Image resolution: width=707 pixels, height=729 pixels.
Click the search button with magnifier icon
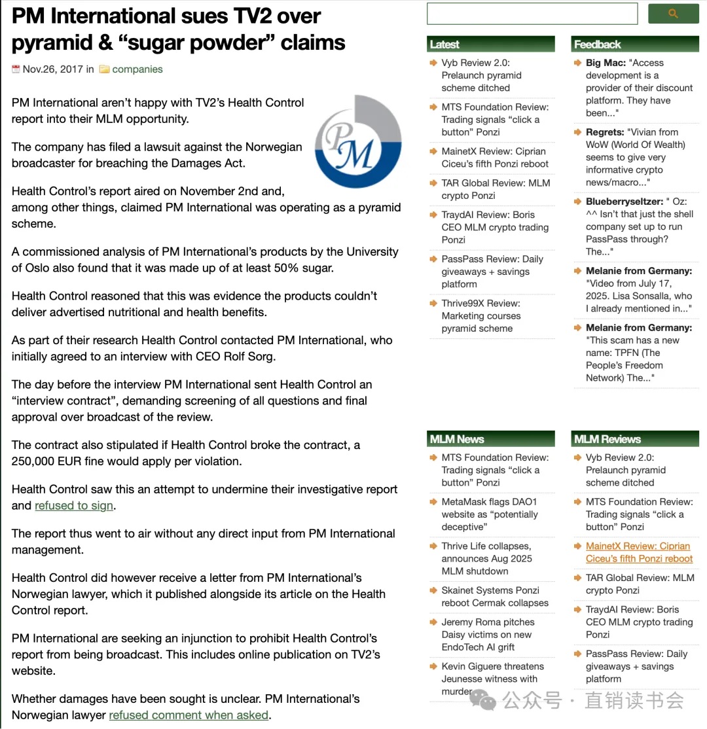coord(673,14)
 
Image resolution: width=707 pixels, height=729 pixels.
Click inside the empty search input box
coord(532,14)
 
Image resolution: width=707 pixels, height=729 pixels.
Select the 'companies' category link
coord(137,69)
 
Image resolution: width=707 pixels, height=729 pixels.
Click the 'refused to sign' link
coord(75,506)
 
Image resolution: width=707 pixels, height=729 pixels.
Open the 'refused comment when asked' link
coord(189,715)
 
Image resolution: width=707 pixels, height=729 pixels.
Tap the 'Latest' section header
coord(444,44)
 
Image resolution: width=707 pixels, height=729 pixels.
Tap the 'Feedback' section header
coord(597,44)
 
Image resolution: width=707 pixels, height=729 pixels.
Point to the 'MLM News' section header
coord(457,439)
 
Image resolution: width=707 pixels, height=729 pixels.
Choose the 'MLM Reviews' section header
coord(607,439)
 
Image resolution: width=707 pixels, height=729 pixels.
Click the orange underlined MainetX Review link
coord(639,552)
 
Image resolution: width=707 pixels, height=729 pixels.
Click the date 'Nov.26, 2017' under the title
coord(53,69)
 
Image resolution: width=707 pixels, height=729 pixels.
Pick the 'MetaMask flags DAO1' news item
coord(489,502)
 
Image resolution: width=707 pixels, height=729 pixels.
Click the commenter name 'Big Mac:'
coord(606,63)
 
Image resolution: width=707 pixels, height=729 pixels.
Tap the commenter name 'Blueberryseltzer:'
coord(625,202)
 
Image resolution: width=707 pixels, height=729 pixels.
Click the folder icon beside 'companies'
coord(104,69)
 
